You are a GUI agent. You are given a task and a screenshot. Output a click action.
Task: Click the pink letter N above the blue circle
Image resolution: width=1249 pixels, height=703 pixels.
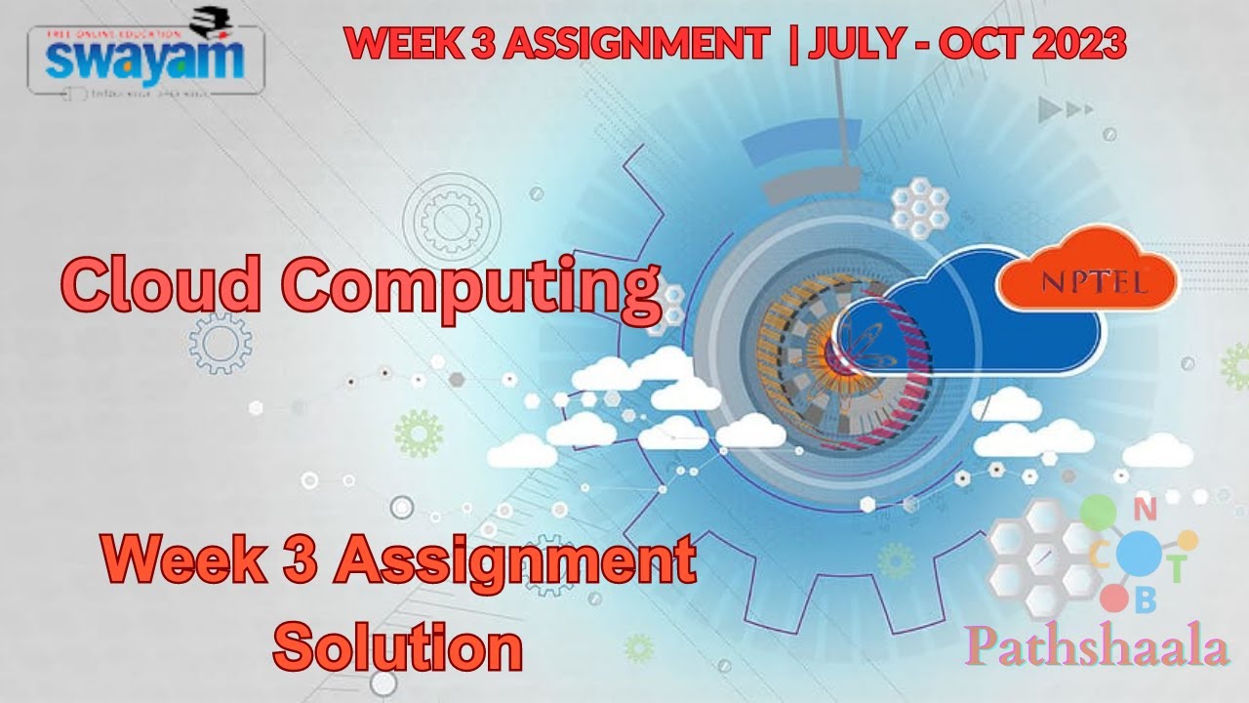(x=1148, y=509)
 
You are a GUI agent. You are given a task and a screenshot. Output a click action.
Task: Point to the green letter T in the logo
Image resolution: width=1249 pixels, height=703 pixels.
(x=1178, y=569)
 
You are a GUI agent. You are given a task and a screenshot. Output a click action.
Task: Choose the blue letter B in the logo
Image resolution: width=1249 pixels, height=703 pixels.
(x=1146, y=600)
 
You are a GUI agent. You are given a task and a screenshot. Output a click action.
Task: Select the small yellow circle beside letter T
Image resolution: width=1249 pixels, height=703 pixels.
(x=1188, y=539)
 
